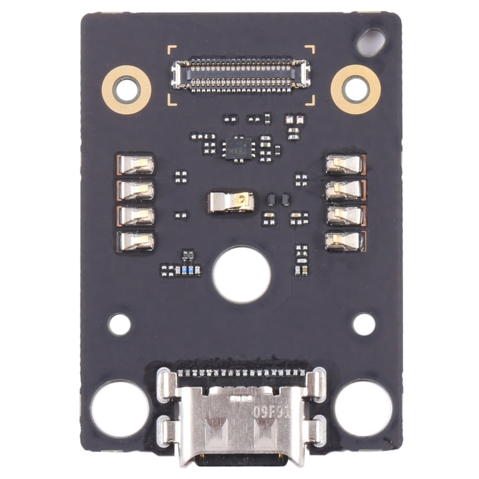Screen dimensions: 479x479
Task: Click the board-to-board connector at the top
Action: pos(240,75)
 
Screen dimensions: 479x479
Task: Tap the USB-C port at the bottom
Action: pos(240,418)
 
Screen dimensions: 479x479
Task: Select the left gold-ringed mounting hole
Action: pos(126,89)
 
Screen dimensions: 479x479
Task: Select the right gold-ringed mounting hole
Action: pos(355,89)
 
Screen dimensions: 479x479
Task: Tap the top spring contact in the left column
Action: pos(137,165)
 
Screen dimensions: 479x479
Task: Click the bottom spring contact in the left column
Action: pos(137,240)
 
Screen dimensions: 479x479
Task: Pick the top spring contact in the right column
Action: pos(345,165)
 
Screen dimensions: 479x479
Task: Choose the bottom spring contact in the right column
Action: pos(345,240)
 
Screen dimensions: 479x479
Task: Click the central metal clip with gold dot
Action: pos(232,203)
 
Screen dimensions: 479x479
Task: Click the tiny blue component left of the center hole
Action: pos(185,270)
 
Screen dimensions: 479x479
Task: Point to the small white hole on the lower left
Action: pos(119,324)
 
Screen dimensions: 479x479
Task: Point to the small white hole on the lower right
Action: pos(364,324)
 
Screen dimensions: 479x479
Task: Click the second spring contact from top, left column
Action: pos(137,190)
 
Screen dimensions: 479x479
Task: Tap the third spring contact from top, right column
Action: pos(345,215)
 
